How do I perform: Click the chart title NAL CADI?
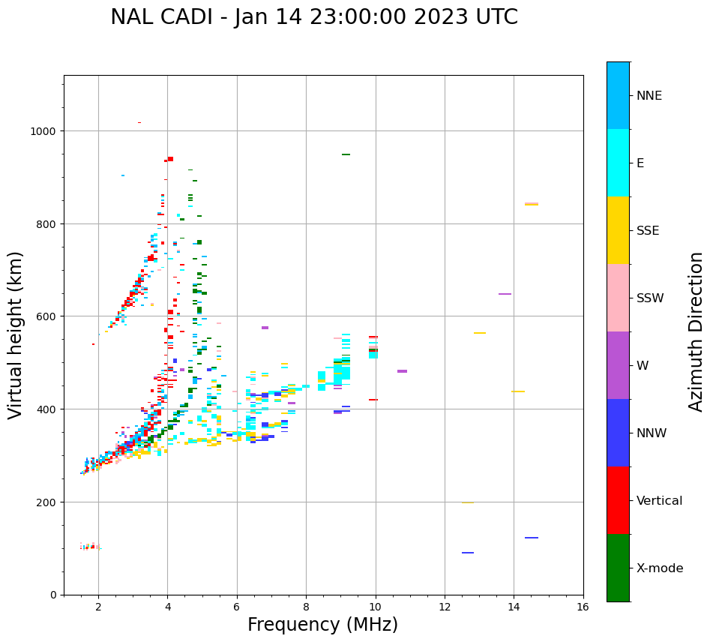tap(313, 17)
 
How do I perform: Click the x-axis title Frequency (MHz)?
tap(322, 625)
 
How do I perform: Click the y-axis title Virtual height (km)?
tap(16, 334)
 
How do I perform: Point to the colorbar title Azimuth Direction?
tap(697, 331)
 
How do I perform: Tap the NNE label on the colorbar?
tap(649, 95)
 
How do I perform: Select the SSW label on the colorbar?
tap(650, 298)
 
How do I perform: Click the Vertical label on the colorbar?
tap(659, 500)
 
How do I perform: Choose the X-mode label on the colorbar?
tap(660, 568)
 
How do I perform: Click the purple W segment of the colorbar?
tap(618, 365)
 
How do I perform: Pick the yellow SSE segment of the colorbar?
tap(618, 230)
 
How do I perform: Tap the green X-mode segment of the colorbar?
tap(618, 568)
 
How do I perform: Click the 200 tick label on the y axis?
tap(48, 502)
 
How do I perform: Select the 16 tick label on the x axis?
tap(583, 607)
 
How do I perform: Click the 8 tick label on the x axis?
tap(306, 607)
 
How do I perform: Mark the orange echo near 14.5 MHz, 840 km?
tap(532, 204)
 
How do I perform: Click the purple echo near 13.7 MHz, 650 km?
tap(505, 294)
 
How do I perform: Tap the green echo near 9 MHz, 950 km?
tap(346, 154)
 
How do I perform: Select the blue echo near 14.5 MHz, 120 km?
tap(532, 538)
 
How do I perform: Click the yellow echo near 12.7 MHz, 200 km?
tap(468, 502)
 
